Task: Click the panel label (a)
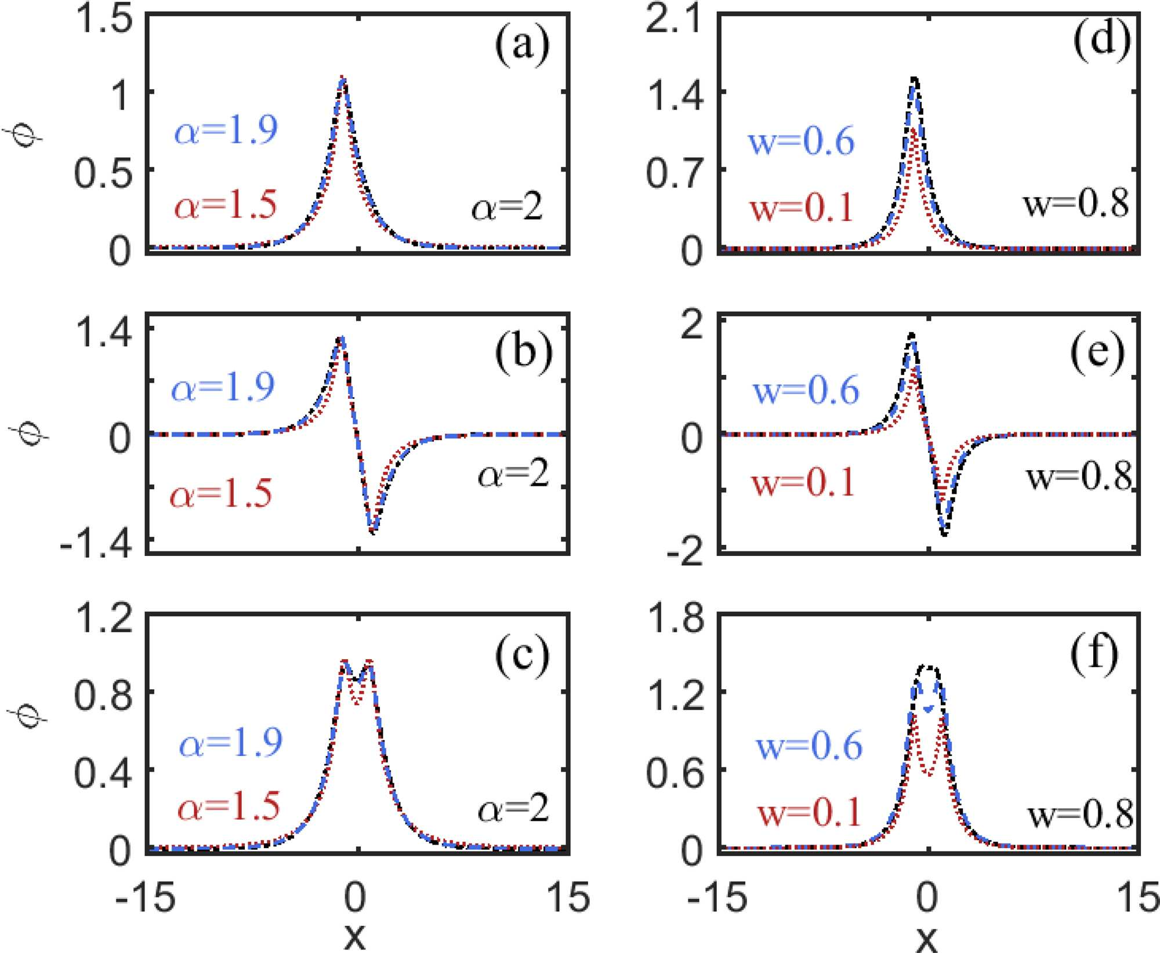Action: click(522, 45)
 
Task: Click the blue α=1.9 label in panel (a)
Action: click(226, 130)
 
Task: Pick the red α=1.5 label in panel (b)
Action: click(221, 494)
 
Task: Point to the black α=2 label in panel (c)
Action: click(513, 808)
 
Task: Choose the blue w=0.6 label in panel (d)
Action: click(802, 141)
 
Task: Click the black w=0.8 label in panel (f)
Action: click(1081, 814)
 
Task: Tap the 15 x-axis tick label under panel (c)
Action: click(568, 897)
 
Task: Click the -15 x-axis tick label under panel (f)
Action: click(717, 897)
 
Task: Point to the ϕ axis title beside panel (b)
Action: click(30, 432)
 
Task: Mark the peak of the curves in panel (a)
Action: click(343, 78)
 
